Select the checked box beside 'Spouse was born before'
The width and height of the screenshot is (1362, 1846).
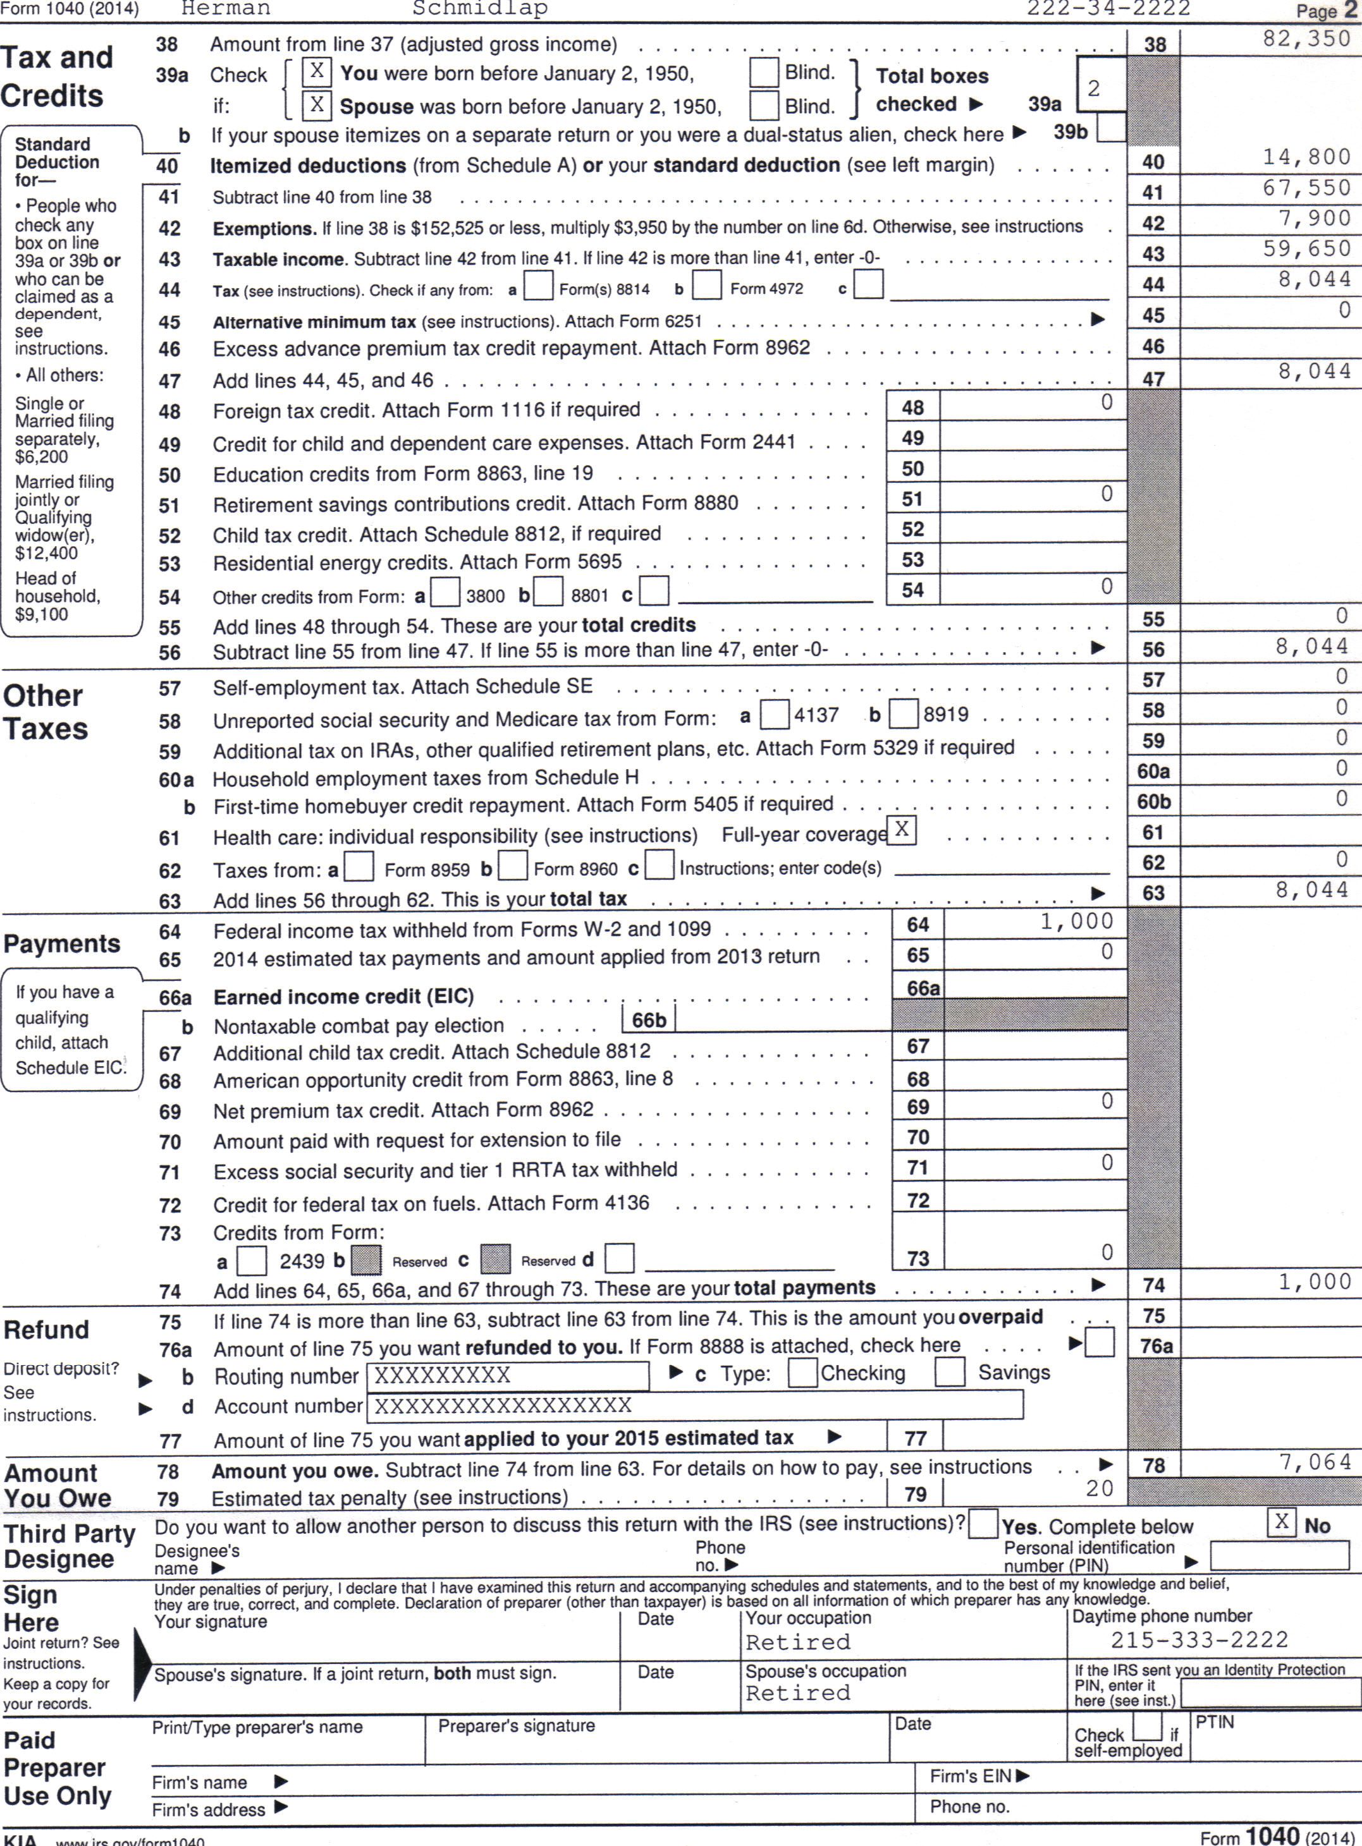click(317, 105)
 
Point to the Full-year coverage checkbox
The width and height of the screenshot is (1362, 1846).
click(902, 829)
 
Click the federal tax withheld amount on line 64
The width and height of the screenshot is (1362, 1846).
click(1076, 922)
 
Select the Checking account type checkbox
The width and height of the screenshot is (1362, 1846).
click(802, 1373)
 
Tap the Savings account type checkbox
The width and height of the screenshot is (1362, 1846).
click(949, 1373)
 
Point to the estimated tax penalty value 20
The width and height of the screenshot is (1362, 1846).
click(1099, 1488)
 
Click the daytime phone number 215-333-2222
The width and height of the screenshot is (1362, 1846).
click(1199, 1640)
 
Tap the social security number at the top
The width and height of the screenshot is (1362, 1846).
click(1108, 9)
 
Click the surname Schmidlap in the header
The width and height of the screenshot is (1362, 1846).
click(480, 9)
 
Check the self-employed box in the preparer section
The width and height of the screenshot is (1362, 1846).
click(1147, 1725)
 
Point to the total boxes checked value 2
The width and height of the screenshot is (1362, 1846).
click(1093, 89)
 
